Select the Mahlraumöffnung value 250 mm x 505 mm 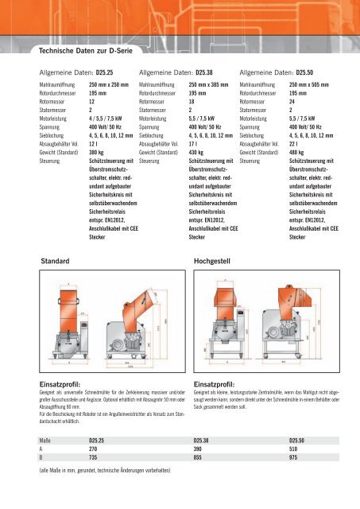(311, 84)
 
